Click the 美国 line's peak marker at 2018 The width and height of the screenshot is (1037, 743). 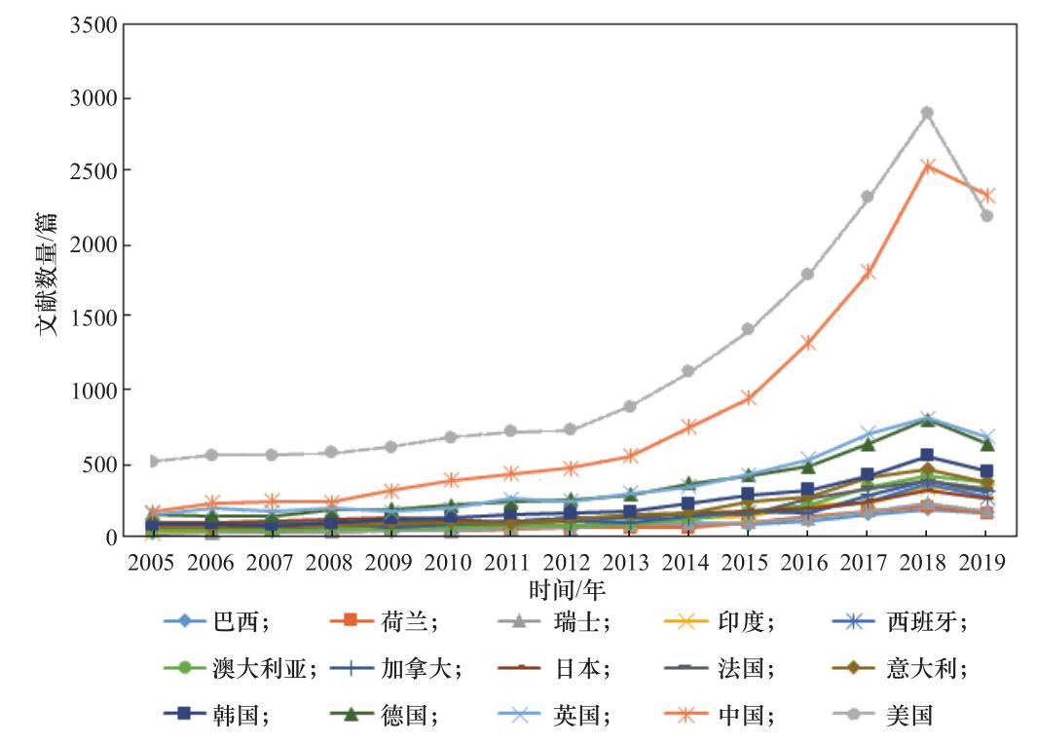(927, 113)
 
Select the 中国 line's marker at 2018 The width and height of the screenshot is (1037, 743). (927, 167)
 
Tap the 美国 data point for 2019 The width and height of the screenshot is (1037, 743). (986, 216)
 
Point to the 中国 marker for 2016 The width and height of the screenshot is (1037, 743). (808, 343)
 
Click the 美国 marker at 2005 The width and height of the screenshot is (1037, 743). (153, 461)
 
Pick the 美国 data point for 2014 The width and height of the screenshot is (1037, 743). (688, 371)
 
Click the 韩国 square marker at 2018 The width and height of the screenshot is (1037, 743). (927, 456)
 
